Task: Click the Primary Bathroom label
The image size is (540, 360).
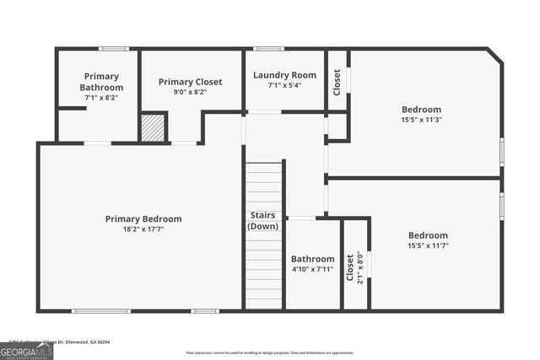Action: pyautogui.click(x=101, y=82)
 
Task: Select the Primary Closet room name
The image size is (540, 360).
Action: pyautogui.click(x=190, y=82)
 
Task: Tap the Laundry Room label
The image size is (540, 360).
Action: pyautogui.click(x=284, y=75)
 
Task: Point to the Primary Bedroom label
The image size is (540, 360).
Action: pyautogui.click(x=143, y=219)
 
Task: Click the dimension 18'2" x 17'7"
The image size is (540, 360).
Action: pyautogui.click(x=143, y=229)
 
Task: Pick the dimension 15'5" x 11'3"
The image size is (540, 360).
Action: pyautogui.click(x=421, y=120)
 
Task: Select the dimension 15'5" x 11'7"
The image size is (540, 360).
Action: pyautogui.click(x=428, y=246)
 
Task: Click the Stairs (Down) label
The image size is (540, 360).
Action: pyautogui.click(x=263, y=221)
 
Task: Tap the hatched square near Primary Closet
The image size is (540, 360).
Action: pyautogui.click(x=152, y=127)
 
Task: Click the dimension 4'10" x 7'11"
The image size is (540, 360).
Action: pyautogui.click(x=312, y=270)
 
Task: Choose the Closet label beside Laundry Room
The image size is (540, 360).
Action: pyautogui.click(x=337, y=82)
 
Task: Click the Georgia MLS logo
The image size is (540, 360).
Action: pyautogui.click(x=26, y=348)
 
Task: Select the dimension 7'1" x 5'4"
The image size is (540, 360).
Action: pyautogui.click(x=284, y=84)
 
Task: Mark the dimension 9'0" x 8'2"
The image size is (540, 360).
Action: pyautogui.click(x=190, y=92)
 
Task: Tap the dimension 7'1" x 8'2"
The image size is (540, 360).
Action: pyautogui.click(x=101, y=98)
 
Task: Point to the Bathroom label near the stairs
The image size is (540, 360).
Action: pyautogui.click(x=312, y=259)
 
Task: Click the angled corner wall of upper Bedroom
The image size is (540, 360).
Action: pyautogui.click(x=495, y=56)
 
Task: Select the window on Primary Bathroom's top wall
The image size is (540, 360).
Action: pyautogui.click(x=114, y=48)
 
